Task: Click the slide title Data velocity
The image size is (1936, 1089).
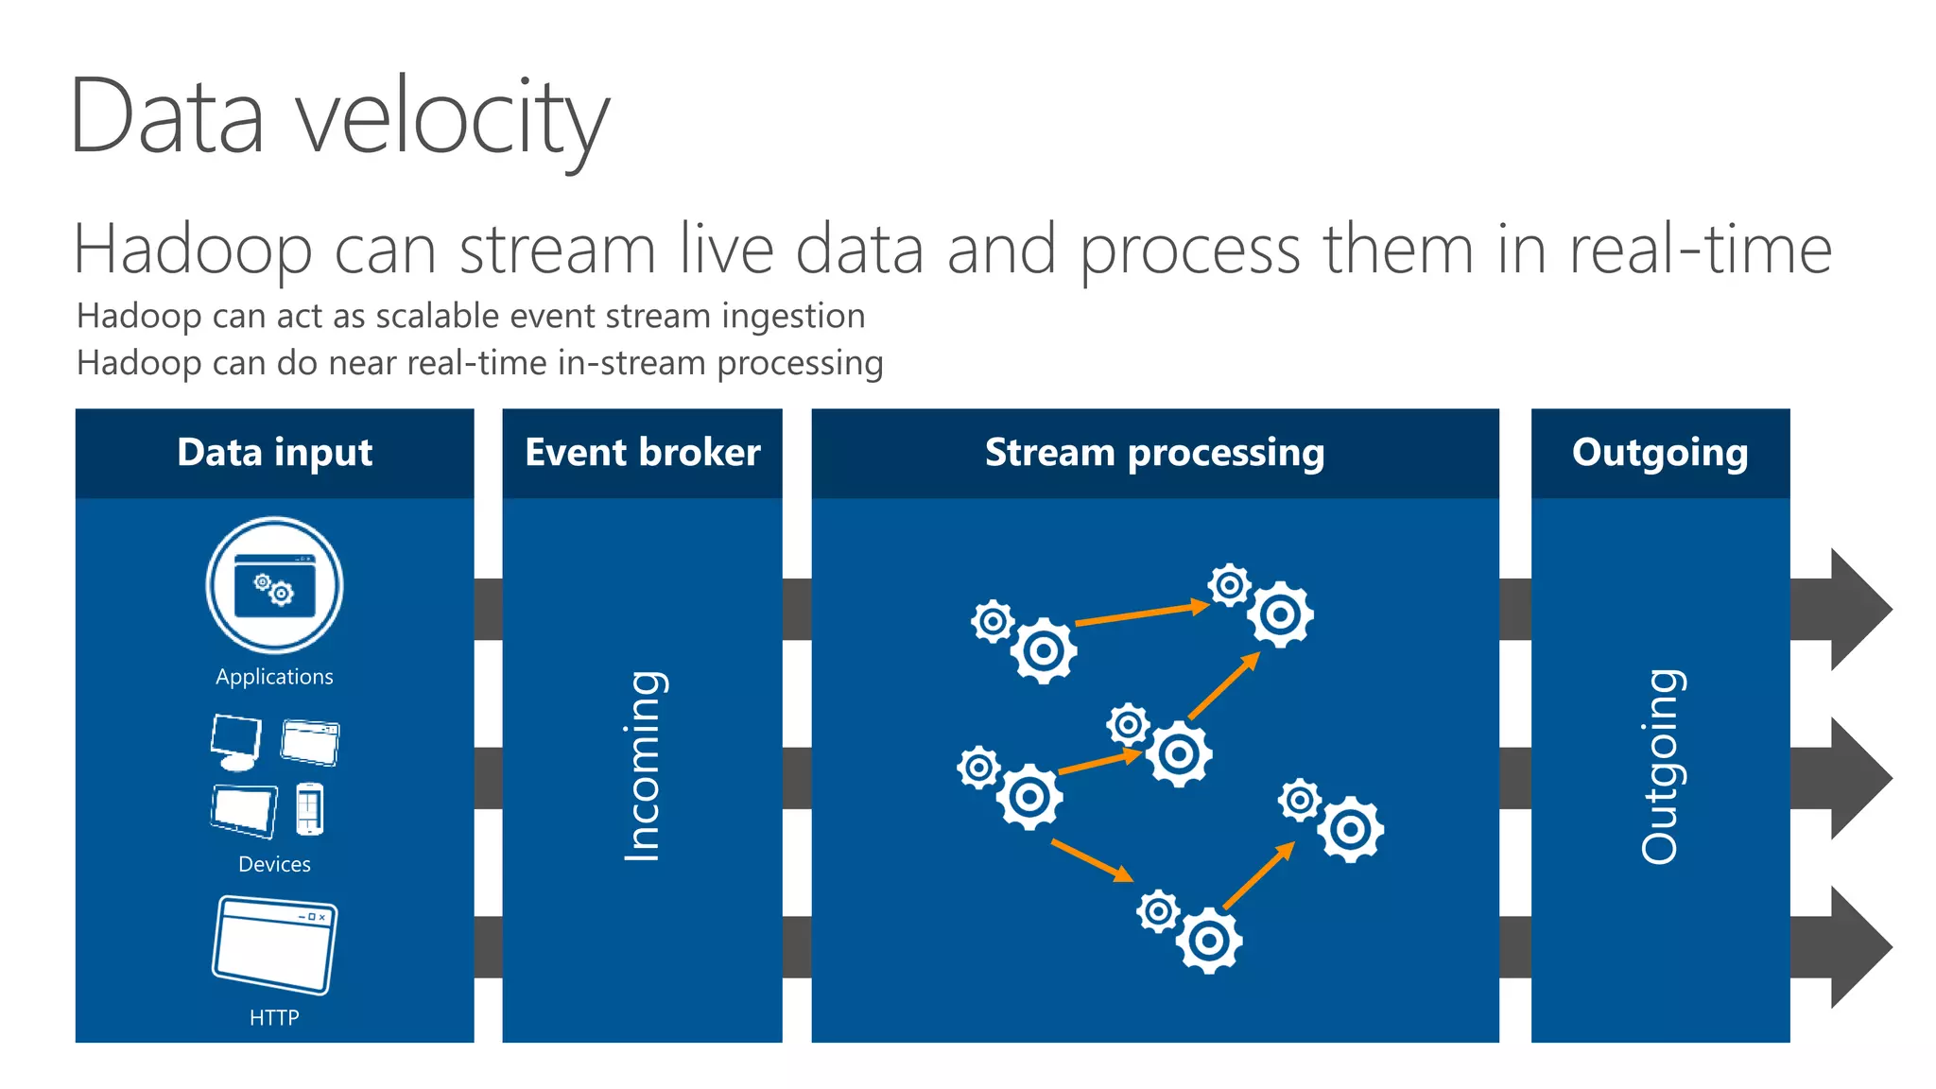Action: [340, 118]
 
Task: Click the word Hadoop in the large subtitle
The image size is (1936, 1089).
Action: [193, 251]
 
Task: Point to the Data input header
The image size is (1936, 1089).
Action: [274, 453]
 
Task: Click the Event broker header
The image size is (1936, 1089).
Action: [642, 453]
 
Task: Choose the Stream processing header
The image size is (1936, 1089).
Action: [1154, 453]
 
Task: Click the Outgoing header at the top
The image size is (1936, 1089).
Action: [1660, 453]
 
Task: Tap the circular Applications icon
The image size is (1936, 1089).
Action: [274, 585]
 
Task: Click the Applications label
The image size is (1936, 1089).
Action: [274, 677]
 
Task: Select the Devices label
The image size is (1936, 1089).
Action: [274, 864]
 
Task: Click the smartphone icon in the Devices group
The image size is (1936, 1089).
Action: [309, 809]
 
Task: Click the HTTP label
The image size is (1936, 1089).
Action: [274, 1017]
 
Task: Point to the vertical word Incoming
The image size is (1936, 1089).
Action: [644, 766]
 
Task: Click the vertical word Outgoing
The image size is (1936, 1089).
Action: [1660, 766]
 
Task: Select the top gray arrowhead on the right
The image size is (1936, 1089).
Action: [1858, 610]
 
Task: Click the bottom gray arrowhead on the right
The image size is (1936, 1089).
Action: [1858, 946]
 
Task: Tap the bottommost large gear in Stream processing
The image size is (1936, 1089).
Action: [1209, 941]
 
